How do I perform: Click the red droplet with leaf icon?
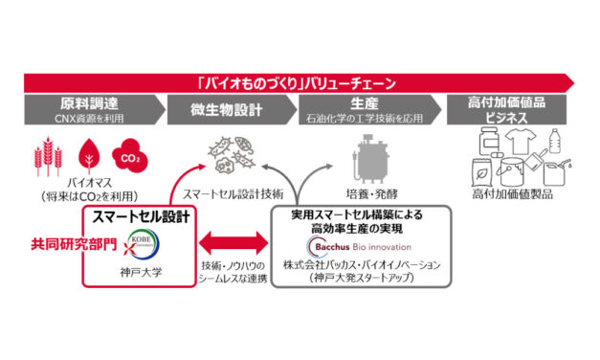pyautogui.click(x=87, y=155)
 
